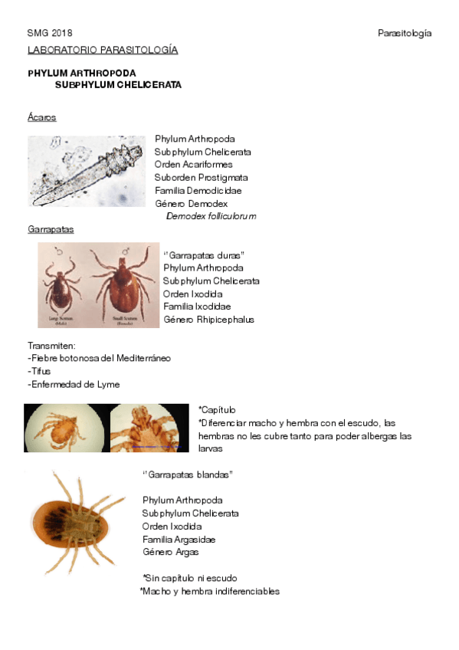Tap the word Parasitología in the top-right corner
(x=405, y=34)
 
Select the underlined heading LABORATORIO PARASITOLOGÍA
(x=103, y=51)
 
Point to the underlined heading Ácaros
(x=41, y=117)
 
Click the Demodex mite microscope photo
(x=87, y=171)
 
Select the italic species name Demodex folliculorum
(x=211, y=216)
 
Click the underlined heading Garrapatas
(x=51, y=229)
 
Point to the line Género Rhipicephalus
(x=208, y=320)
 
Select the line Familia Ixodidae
(x=197, y=307)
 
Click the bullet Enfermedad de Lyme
(x=74, y=384)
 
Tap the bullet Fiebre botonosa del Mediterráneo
(x=99, y=358)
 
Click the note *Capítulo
(x=218, y=410)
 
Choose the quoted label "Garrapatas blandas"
(x=188, y=475)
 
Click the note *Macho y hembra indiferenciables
(x=210, y=591)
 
